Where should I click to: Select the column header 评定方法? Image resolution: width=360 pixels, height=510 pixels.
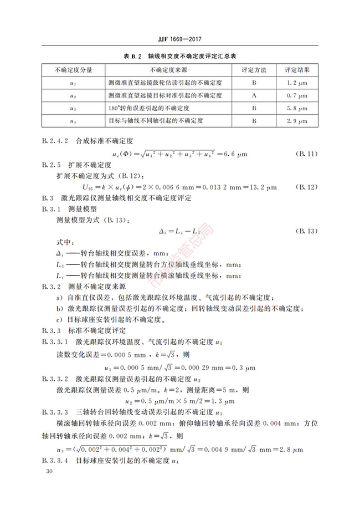pyautogui.click(x=254, y=70)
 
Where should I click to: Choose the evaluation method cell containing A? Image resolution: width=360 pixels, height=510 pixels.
pyautogui.click(x=254, y=95)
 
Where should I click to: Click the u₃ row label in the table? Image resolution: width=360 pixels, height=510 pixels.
pyautogui.click(x=74, y=108)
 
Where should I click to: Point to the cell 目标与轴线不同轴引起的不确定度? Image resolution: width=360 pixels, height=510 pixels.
pyautogui.click(x=157, y=120)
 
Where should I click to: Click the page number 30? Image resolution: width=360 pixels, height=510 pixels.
pyautogui.click(x=50, y=471)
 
